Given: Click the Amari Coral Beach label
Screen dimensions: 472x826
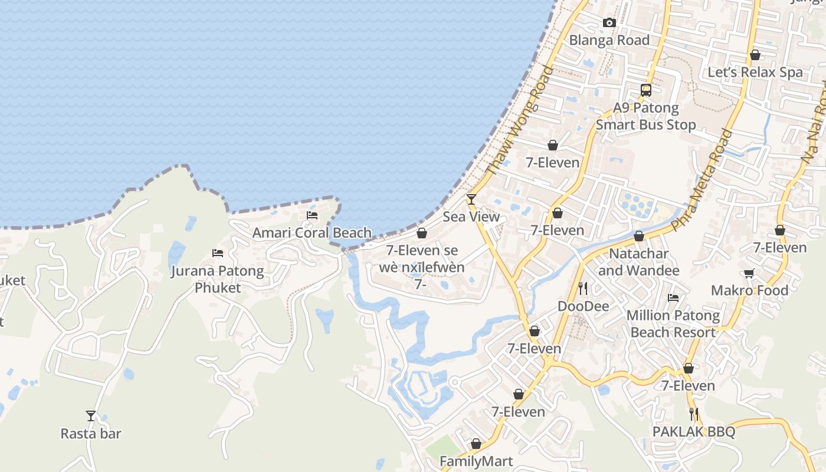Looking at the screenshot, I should point(312,232).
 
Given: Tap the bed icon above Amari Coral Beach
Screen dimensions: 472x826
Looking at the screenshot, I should point(312,215).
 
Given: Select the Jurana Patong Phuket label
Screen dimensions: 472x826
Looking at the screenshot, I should point(218,279).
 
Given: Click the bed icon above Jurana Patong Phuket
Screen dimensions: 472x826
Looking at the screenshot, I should point(218,253).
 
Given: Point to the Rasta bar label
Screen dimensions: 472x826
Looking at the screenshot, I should point(91,434).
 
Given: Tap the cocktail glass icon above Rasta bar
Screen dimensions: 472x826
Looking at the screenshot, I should point(91,416).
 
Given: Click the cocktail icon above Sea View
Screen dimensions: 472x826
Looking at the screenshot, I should point(471,199).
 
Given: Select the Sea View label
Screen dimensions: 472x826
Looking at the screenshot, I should point(471,217).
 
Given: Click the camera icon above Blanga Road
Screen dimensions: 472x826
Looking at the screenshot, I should point(609,23).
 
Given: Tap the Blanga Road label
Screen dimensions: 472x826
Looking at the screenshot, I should point(609,40).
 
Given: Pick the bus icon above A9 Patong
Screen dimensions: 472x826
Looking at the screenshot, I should point(646,90).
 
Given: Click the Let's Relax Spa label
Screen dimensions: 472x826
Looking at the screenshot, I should point(755,73).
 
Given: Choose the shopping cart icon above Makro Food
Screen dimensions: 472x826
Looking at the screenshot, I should point(749,273).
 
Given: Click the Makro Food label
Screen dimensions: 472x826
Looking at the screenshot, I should point(749,290).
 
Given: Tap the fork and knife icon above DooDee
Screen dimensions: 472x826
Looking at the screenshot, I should point(583,288).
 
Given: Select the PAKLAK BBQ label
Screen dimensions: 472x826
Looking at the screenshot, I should point(694,432).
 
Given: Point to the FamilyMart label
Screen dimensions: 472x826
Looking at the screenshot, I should point(476,461).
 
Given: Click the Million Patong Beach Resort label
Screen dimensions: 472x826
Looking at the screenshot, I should point(673,324).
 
